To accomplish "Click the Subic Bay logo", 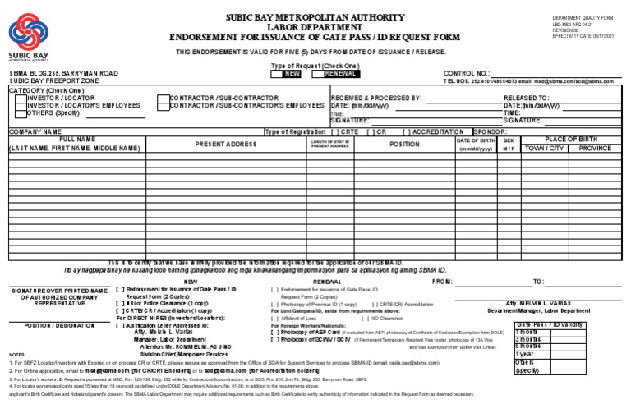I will tap(28, 37).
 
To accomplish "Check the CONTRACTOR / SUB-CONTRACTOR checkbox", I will tap(163, 98).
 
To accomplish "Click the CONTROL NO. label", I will tap(467, 73).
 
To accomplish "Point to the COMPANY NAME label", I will tap(36, 131).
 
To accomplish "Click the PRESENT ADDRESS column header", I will tap(226, 144).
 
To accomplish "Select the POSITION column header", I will tap(404, 144).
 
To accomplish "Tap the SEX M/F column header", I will tap(509, 144).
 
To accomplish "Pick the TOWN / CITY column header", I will tap(545, 149).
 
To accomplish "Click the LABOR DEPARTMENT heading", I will tap(315, 26).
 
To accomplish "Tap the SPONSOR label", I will tap(491, 131).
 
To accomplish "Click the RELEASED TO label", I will tap(526, 98).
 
